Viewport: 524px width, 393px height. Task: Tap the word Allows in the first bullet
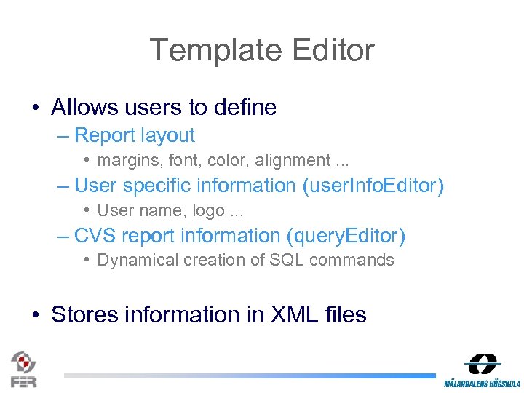coord(84,108)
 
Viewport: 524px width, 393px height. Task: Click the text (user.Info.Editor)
coord(373,186)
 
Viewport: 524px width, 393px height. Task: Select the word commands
coord(354,261)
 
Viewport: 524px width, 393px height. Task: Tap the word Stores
coord(84,315)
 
